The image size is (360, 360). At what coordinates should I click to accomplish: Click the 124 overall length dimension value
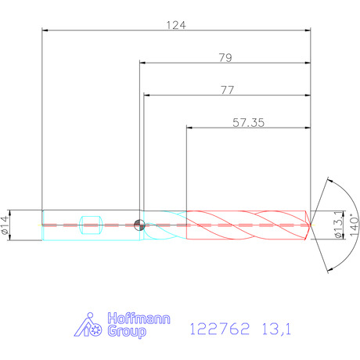pos(176,25)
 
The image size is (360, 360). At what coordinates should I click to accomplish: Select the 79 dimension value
pos(225,58)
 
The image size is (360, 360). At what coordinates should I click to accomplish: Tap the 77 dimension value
pos(228,90)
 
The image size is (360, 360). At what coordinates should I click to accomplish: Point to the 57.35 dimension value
pos(248,123)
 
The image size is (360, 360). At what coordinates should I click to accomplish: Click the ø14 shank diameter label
pos(5,225)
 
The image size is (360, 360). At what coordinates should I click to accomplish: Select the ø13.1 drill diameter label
pos(338,225)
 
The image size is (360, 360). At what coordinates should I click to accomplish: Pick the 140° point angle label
pos(354,225)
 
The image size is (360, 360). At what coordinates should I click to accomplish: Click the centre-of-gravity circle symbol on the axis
pos(139,225)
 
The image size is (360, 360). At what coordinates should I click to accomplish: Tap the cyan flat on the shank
pos(91,225)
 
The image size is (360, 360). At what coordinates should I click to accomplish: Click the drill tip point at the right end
pos(311,225)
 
